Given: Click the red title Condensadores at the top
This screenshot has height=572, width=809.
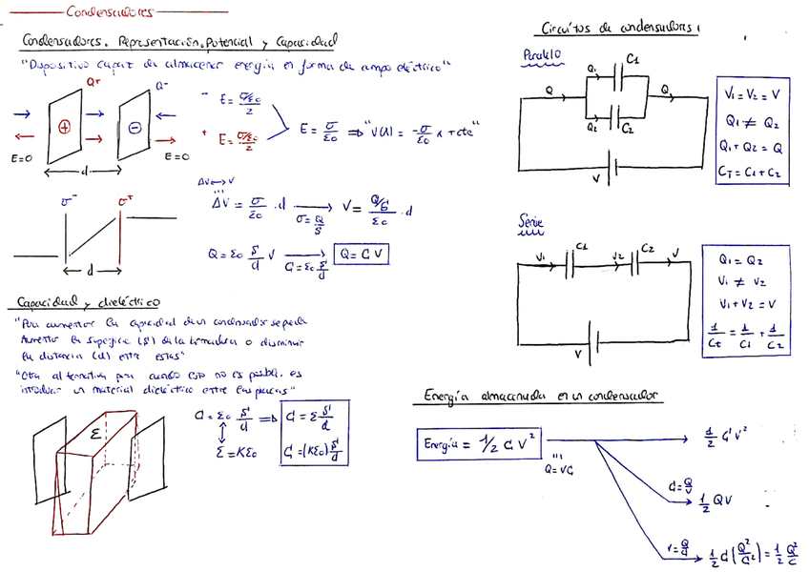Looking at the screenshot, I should tap(110, 13).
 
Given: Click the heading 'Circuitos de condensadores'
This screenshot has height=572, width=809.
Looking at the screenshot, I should tap(619, 30).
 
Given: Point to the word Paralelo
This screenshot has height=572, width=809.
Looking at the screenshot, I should tap(541, 57).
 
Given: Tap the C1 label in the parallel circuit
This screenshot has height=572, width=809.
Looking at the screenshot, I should tap(634, 61).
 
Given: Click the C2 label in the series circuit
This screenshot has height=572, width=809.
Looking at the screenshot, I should tap(648, 249).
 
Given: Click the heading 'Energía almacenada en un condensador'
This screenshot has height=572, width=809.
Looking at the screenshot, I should tap(545, 396).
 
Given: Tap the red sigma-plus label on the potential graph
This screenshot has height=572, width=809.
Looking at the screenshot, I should tap(124, 201).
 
